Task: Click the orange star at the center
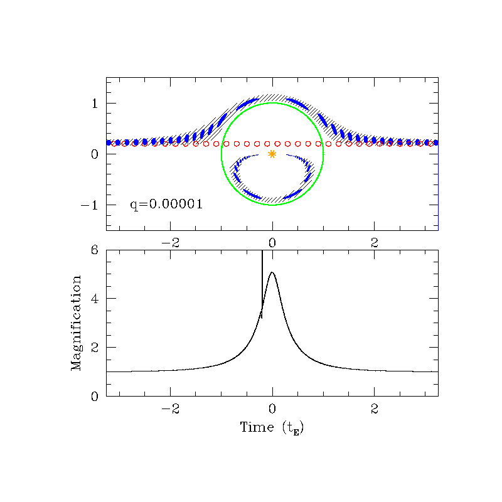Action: pyautogui.click(x=272, y=154)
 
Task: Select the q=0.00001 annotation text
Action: pyautogui.click(x=166, y=205)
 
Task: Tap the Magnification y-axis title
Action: pyautogui.click(x=76, y=323)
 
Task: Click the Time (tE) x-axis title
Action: pyautogui.click(x=272, y=429)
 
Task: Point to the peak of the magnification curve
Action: pyautogui.click(x=272, y=272)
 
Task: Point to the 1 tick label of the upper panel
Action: pyautogui.click(x=95, y=104)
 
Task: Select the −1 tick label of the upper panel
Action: pyautogui.click(x=90, y=205)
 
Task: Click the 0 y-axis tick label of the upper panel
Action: pyautogui.click(x=95, y=154)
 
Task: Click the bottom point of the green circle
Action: pyautogui.click(x=272, y=205)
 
